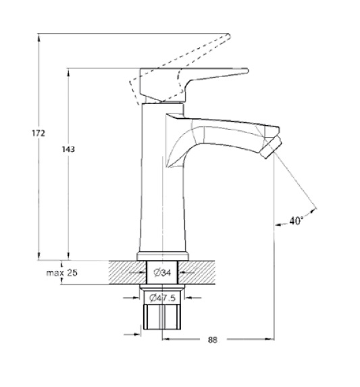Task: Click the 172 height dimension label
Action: [x=38, y=133]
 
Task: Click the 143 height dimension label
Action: [x=68, y=149]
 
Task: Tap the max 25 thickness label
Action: [x=61, y=273]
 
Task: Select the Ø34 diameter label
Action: [x=162, y=272]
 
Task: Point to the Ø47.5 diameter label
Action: [x=162, y=298]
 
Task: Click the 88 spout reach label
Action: [x=213, y=340]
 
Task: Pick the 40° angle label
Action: [x=296, y=220]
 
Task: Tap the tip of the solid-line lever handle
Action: [x=247, y=71]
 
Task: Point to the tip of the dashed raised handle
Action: [x=229, y=36]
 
